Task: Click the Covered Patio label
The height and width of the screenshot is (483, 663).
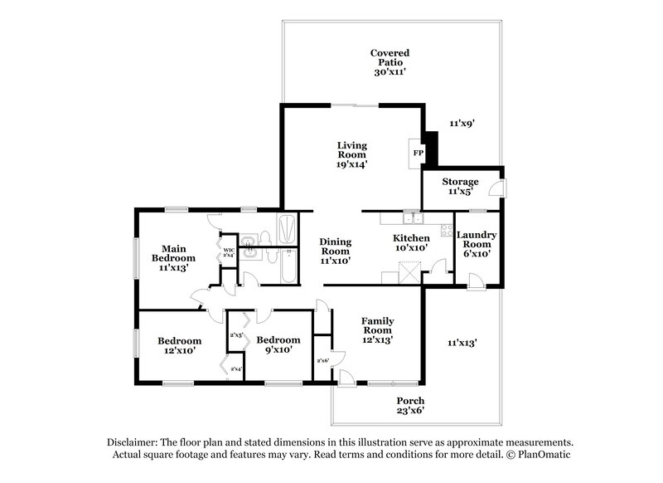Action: (389, 62)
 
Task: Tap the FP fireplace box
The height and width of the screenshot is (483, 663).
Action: (417, 154)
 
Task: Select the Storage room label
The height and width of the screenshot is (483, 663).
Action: (460, 187)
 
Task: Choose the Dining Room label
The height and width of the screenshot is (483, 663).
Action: (336, 251)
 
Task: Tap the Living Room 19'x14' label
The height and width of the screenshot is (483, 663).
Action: (351, 155)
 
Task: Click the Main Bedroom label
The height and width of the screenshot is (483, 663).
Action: (173, 258)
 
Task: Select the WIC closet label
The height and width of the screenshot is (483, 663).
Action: (228, 251)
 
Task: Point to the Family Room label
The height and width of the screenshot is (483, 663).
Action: (377, 329)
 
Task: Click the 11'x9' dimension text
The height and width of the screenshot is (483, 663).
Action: (462, 123)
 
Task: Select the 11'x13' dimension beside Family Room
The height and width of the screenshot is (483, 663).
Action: (462, 342)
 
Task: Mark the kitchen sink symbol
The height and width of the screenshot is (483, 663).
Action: (412, 219)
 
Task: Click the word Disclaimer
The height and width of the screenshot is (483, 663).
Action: (133, 442)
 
